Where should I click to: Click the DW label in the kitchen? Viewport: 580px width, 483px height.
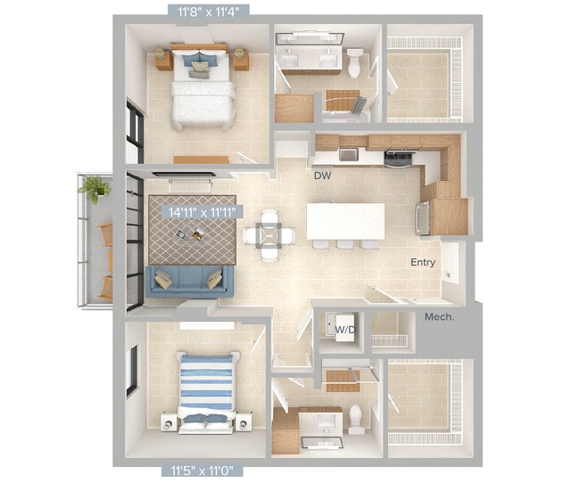point(322,176)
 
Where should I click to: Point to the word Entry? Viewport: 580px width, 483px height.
point(423,262)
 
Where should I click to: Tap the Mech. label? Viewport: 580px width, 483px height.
point(439,316)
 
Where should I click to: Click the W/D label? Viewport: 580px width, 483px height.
point(343,330)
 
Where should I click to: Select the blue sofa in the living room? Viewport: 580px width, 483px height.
point(190,281)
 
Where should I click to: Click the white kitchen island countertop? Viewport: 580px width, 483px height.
point(345,221)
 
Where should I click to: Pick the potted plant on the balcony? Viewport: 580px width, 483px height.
point(94,189)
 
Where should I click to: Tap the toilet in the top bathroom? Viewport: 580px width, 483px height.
point(356,62)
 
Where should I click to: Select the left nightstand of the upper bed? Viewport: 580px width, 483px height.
point(163,59)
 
